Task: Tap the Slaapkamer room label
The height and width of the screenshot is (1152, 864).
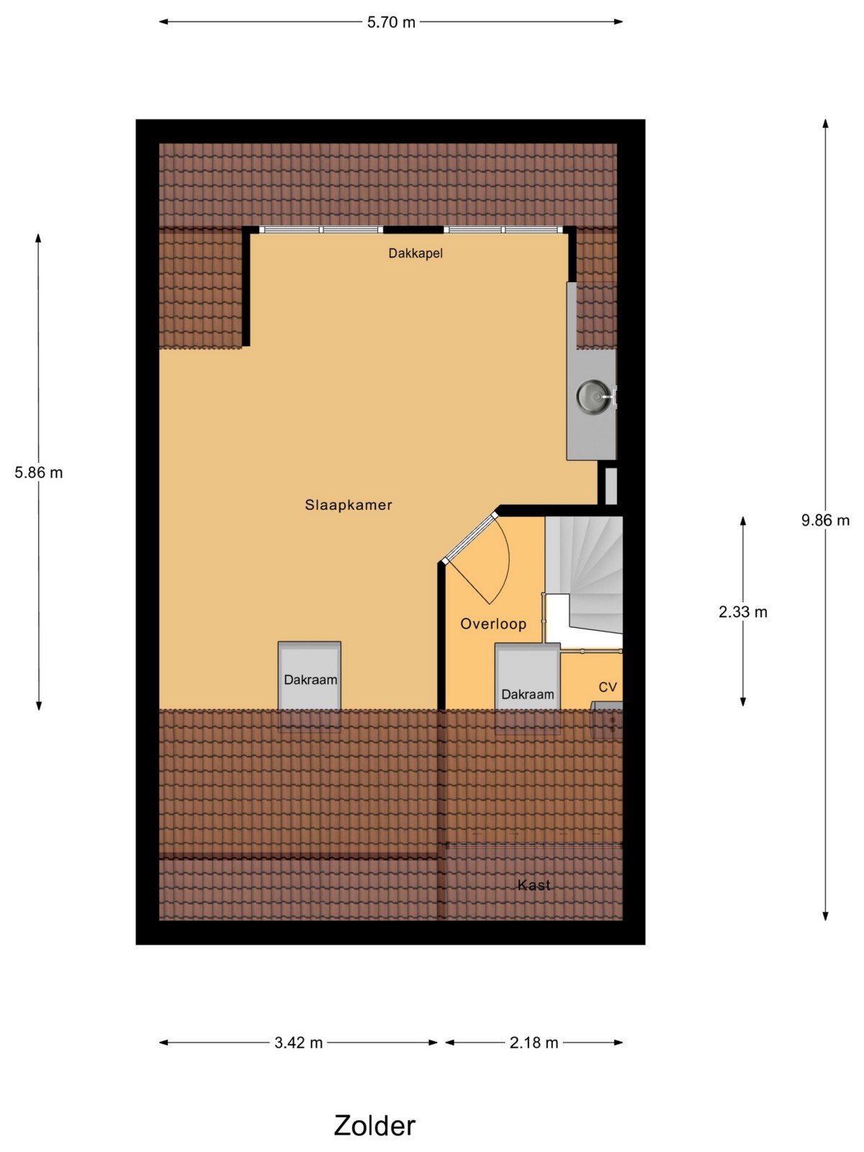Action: (348, 505)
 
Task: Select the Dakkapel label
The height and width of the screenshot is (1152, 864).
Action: (415, 253)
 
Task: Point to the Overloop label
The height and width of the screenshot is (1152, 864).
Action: (493, 624)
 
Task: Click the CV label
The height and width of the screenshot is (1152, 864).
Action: (608, 687)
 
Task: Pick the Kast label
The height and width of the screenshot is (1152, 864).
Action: (534, 885)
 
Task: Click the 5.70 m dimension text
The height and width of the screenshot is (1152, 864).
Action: (391, 22)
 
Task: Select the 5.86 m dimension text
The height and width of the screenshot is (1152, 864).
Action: (38, 473)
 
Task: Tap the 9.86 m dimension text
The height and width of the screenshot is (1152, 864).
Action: (825, 520)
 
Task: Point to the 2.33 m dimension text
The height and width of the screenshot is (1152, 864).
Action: (743, 612)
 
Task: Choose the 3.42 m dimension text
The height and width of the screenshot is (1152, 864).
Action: (299, 1043)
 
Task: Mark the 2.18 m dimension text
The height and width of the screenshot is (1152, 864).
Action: (534, 1043)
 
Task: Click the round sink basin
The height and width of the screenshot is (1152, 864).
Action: (592, 396)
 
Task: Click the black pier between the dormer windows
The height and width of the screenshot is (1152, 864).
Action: (413, 230)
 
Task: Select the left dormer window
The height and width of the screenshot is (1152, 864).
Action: (321, 230)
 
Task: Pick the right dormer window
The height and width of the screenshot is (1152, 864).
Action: (503, 230)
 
